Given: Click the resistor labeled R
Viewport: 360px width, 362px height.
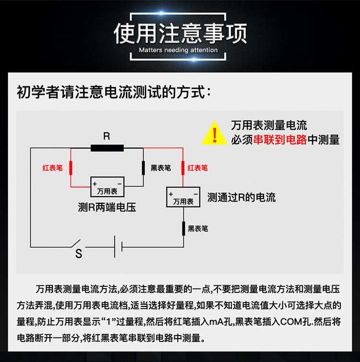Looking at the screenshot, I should pyautogui.click(x=107, y=148).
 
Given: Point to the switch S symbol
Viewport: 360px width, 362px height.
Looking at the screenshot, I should pyautogui.click(x=77, y=243).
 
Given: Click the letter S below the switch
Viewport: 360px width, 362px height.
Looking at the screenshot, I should pyautogui.click(x=79, y=255).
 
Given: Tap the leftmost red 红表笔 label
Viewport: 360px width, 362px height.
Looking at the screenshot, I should pyautogui.click(x=53, y=168).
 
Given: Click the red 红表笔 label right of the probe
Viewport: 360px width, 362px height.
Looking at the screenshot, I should pyautogui.click(x=198, y=168).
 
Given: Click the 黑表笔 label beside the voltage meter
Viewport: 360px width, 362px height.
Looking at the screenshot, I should pyautogui.click(x=161, y=168).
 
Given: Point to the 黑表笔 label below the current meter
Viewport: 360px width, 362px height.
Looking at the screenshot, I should pyautogui.click(x=198, y=229).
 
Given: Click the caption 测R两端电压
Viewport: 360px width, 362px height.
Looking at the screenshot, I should pyautogui.click(x=107, y=208).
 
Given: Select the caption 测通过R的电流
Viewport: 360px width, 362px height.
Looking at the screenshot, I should pyautogui.click(x=241, y=198).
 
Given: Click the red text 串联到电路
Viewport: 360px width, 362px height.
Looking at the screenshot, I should pyautogui.click(x=280, y=140).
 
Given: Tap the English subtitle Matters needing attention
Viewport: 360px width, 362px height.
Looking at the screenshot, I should pyautogui.click(x=178, y=50).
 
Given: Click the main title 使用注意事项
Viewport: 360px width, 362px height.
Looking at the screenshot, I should pyautogui.click(x=180, y=33).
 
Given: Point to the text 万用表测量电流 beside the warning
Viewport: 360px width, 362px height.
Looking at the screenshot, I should pyautogui.click(x=269, y=127).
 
